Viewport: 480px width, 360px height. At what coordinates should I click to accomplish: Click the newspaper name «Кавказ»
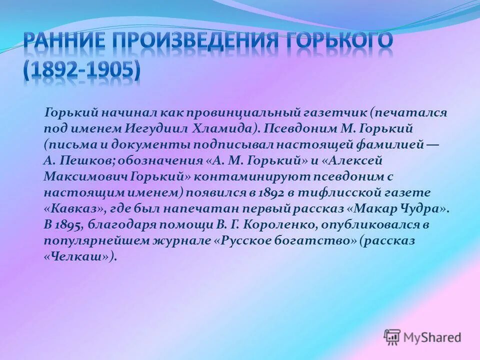pos(66,208)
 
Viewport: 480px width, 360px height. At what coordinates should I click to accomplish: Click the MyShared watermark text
pos(432,337)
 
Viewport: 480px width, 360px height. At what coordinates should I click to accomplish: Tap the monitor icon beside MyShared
pos(392,336)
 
